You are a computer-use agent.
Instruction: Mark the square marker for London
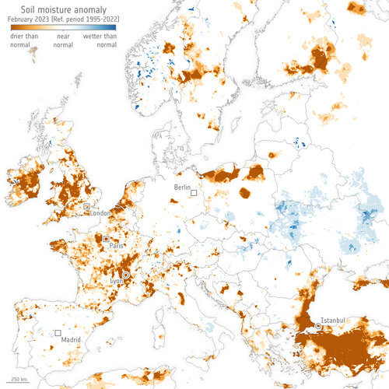87,207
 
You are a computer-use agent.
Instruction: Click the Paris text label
117,246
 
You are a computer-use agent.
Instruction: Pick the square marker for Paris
106,238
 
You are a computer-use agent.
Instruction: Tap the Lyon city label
117,281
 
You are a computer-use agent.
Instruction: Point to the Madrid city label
72,340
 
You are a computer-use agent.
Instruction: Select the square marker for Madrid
58,333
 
